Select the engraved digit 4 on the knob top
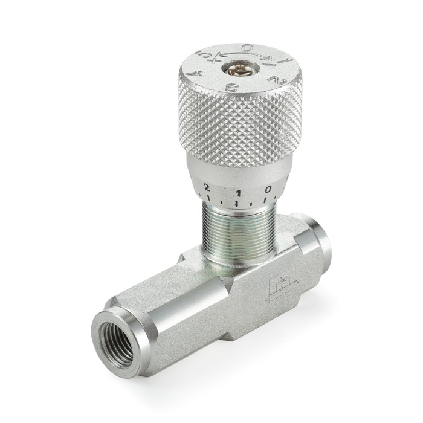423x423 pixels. tap(193, 74)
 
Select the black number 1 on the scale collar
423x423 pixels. tap(238, 193)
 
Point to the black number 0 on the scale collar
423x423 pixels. tap(268, 190)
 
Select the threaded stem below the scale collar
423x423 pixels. tap(238, 233)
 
